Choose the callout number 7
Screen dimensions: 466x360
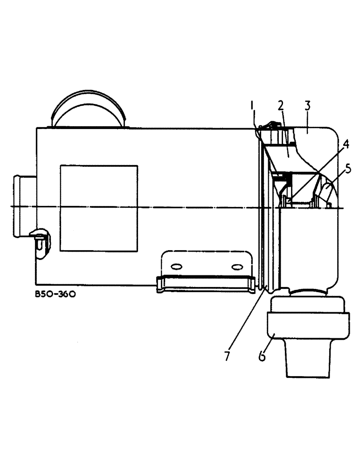point(227,356)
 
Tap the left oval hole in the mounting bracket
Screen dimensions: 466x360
point(176,266)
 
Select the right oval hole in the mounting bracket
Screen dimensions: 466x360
point(237,266)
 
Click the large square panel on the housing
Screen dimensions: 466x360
point(99,208)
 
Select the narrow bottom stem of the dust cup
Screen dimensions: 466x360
point(308,363)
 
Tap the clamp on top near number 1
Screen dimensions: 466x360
point(270,125)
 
